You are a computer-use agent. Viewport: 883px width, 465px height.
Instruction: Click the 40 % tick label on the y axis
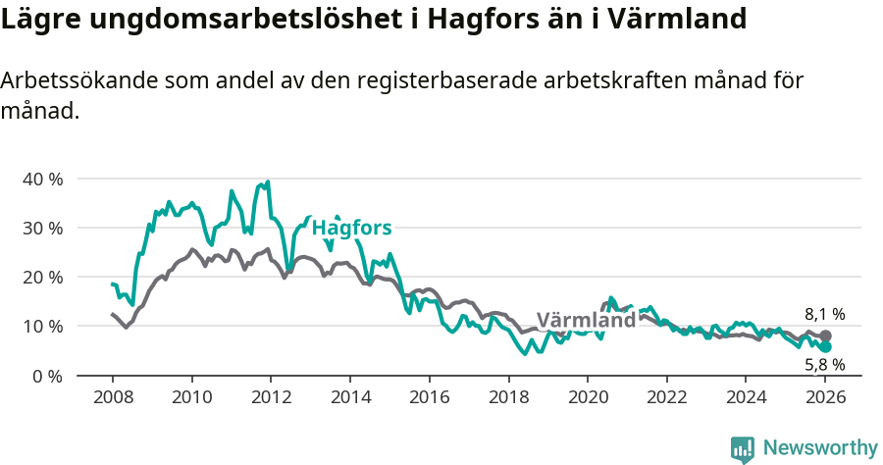coord(42,179)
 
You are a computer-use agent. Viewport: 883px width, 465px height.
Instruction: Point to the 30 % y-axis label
coord(42,228)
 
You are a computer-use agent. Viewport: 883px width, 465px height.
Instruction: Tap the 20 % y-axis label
coord(42,277)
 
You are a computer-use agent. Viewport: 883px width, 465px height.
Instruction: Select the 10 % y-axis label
coord(42,326)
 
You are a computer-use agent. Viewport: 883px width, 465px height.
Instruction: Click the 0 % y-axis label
coord(47,375)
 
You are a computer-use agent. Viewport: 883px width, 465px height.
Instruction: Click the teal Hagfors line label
coord(351,228)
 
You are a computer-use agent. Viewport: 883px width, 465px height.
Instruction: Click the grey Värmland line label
coord(587,321)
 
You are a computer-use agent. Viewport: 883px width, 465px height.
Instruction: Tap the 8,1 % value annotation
coord(824,314)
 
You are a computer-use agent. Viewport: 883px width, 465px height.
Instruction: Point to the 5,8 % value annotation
coord(824,365)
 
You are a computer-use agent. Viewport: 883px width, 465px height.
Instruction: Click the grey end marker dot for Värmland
coord(825,336)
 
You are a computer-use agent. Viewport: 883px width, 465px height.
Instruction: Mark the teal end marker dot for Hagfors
coord(825,347)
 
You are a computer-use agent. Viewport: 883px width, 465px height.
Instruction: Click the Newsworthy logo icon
coord(743,449)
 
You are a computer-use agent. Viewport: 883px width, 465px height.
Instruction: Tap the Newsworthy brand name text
coord(819,448)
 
